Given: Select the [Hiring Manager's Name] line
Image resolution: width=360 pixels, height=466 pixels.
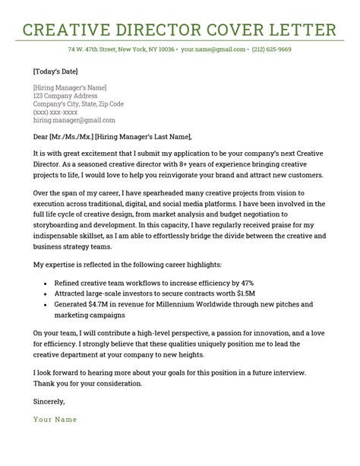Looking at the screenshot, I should click(70, 88).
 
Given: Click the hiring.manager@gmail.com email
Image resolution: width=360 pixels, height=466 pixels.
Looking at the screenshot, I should click(74, 120).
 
